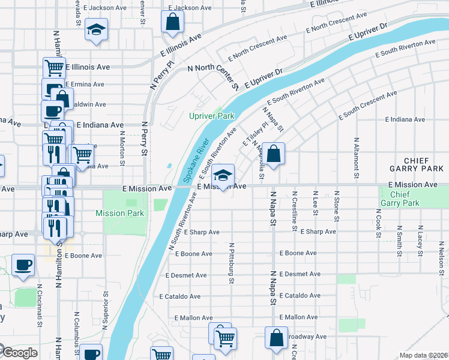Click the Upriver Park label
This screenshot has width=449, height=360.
211,116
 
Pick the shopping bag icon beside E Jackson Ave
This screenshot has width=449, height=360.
172,22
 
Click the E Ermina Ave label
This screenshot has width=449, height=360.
85,85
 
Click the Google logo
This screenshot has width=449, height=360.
19,353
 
